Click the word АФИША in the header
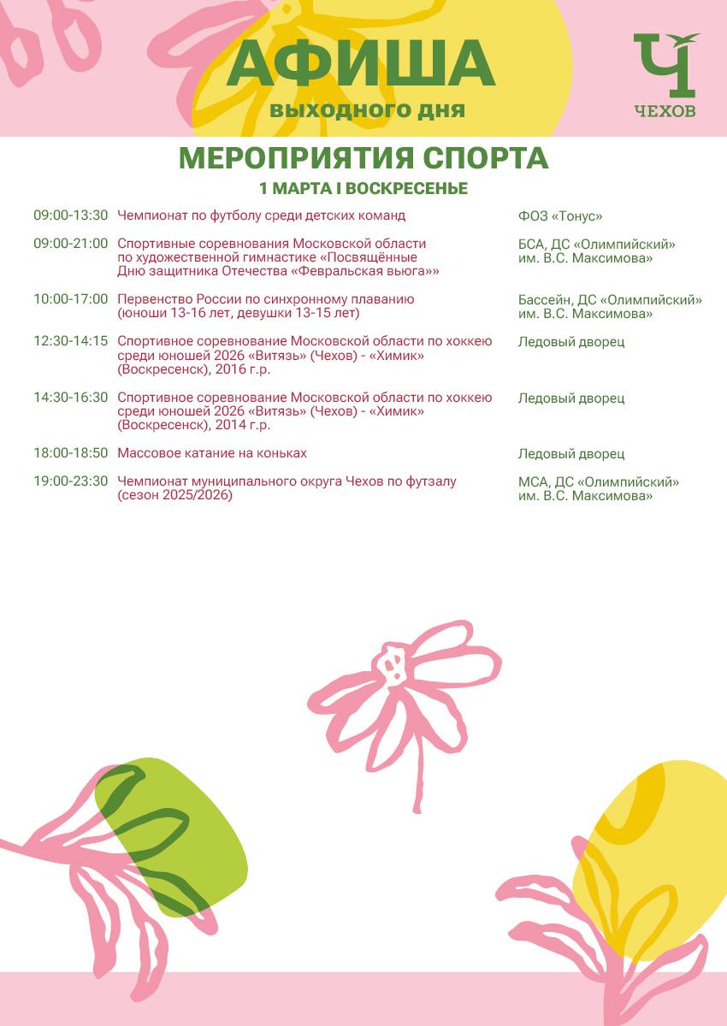[x=361, y=63]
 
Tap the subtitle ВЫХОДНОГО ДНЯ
[x=368, y=111]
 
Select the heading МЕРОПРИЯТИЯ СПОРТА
[x=363, y=158]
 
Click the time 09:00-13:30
[x=71, y=215]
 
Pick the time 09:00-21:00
[x=71, y=244]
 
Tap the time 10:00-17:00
[x=71, y=299]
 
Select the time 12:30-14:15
[x=71, y=341]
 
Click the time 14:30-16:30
[x=71, y=398]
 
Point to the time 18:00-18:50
[x=71, y=453]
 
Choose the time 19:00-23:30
[x=71, y=481]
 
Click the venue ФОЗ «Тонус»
[x=560, y=216]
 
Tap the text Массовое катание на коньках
[x=212, y=453]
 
